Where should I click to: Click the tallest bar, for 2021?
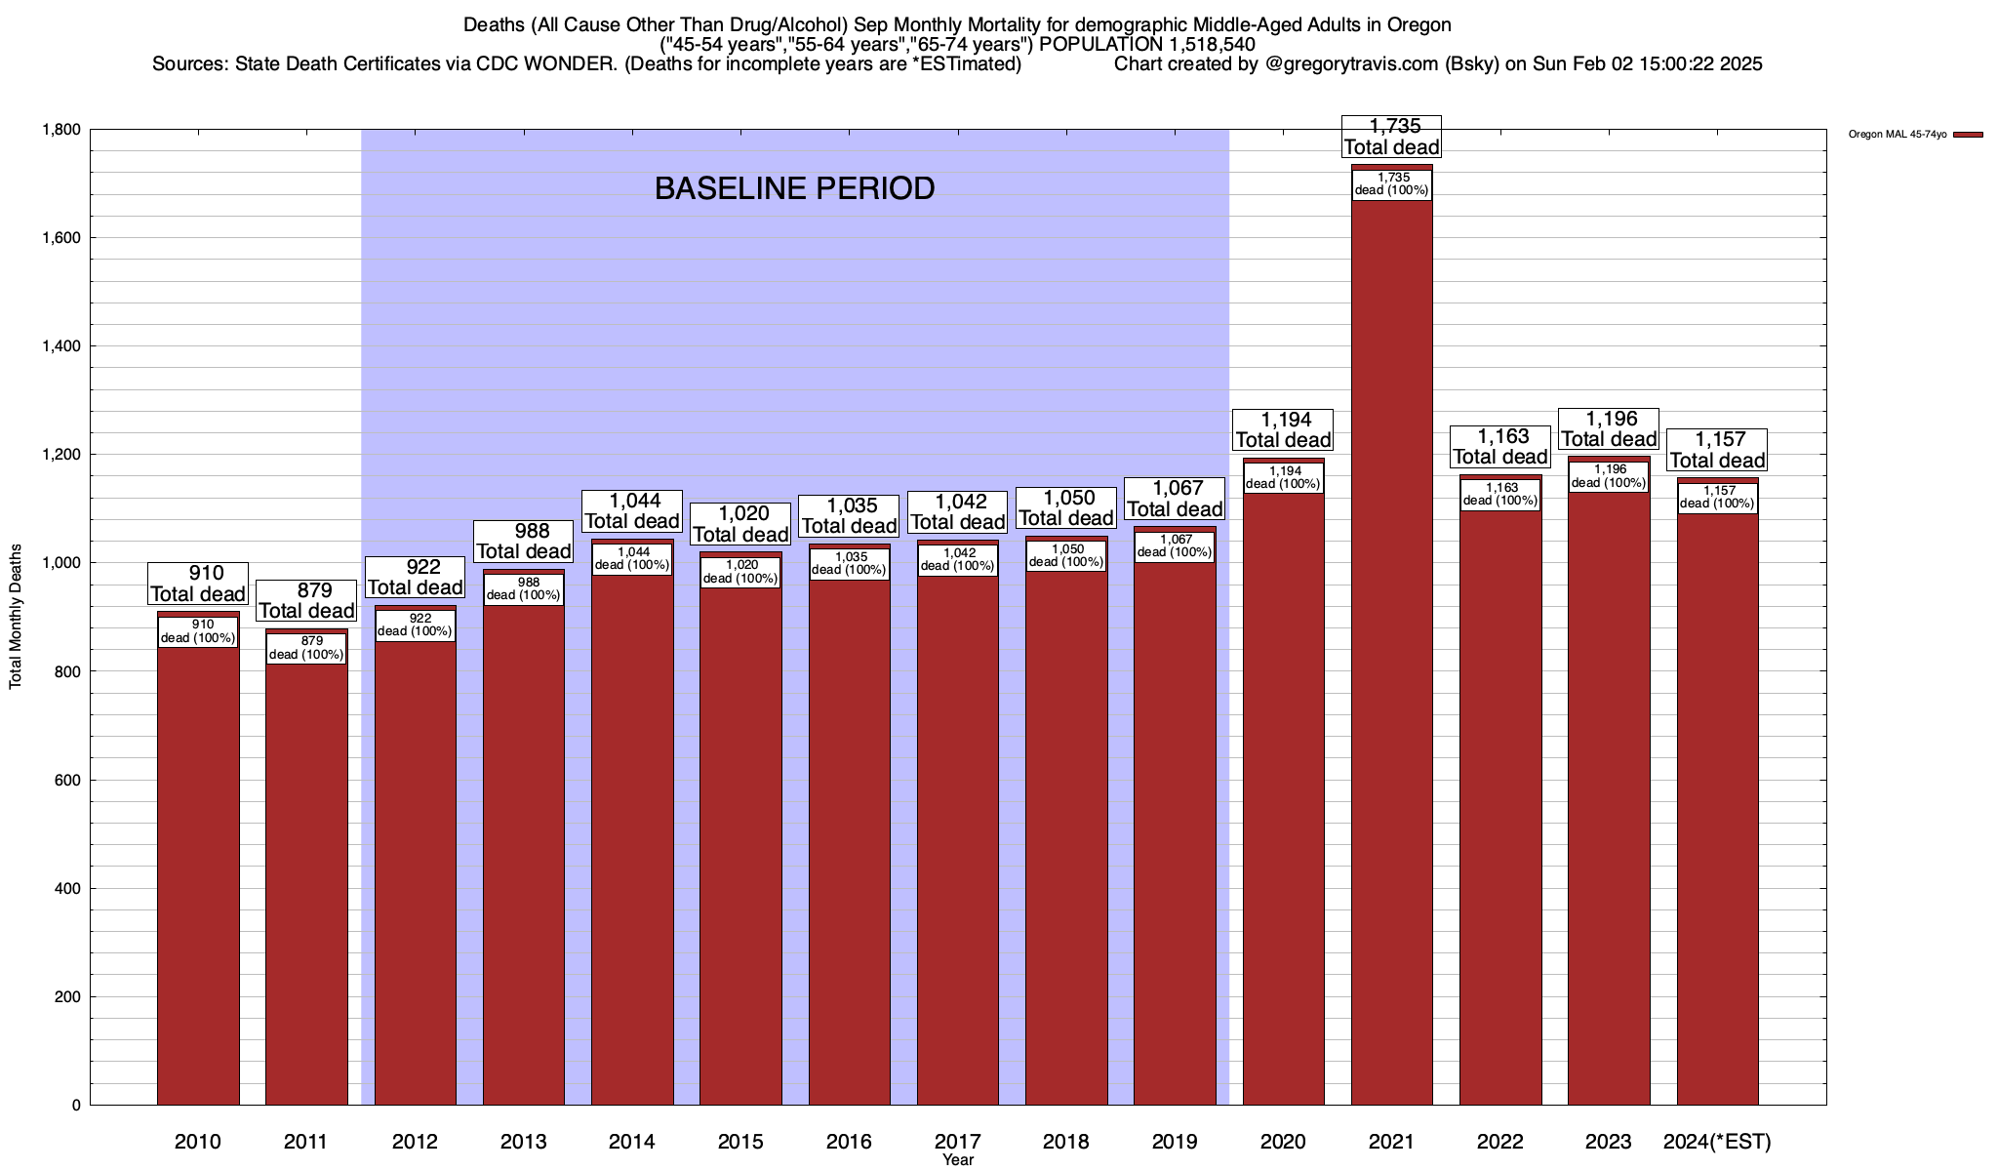coord(1391,683)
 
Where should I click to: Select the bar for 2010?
coord(198,878)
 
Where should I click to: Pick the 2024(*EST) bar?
coord(1717,829)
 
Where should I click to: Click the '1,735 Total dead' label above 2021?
coord(1391,137)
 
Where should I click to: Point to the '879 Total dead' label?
coord(306,601)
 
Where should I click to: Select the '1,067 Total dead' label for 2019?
coord(1175,499)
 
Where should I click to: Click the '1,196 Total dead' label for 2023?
coord(1609,429)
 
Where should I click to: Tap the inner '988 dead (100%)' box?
coord(523,588)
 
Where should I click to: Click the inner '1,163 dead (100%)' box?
coord(1500,494)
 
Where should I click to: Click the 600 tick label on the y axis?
coord(67,781)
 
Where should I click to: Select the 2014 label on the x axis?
coord(631,1142)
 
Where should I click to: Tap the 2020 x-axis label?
coord(1283,1142)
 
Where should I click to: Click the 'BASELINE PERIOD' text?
coord(794,188)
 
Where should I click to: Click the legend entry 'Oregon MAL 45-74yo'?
coord(1898,135)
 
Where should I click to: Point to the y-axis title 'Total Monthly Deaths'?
coord(16,617)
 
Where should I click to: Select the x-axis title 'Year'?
coord(958,1160)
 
